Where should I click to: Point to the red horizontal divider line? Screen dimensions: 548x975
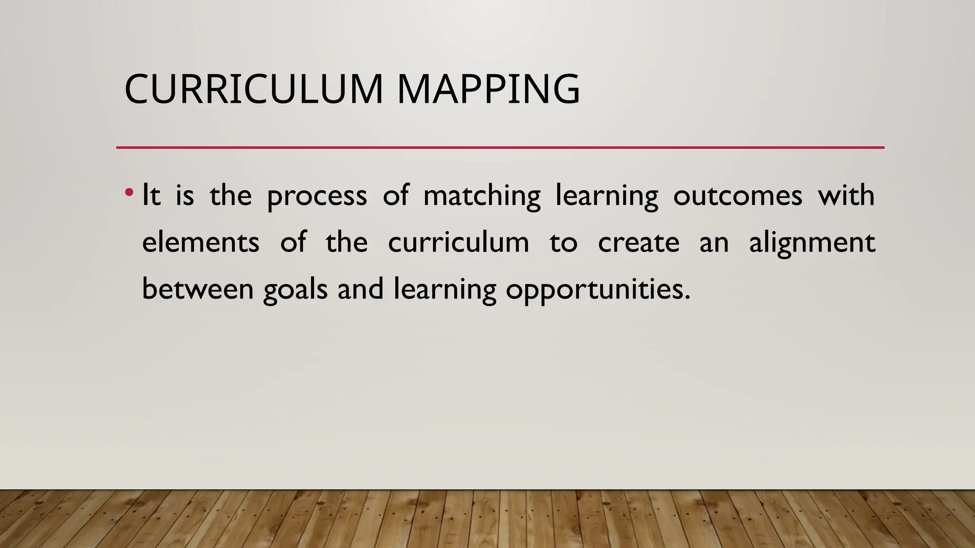click(x=500, y=147)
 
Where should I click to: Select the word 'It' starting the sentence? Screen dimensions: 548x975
click(x=151, y=195)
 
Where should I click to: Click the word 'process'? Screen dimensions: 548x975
click(x=317, y=196)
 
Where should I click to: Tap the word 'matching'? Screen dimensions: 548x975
click(x=482, y=196)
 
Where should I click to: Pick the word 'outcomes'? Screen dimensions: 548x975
click(x=737, y=196)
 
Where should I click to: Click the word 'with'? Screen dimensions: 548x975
click(x=846, y=195)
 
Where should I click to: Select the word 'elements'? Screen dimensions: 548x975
click(x=200, y=242)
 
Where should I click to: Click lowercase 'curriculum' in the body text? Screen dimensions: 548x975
click(x=458, y=242)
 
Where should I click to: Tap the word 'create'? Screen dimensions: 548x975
click(x=638, y=243)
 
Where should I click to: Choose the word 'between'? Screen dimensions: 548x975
click(x=198, y=289)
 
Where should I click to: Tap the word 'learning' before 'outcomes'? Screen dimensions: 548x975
click(x=607, y=196)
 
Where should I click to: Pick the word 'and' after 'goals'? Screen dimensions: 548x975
click(x=360, y=289)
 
